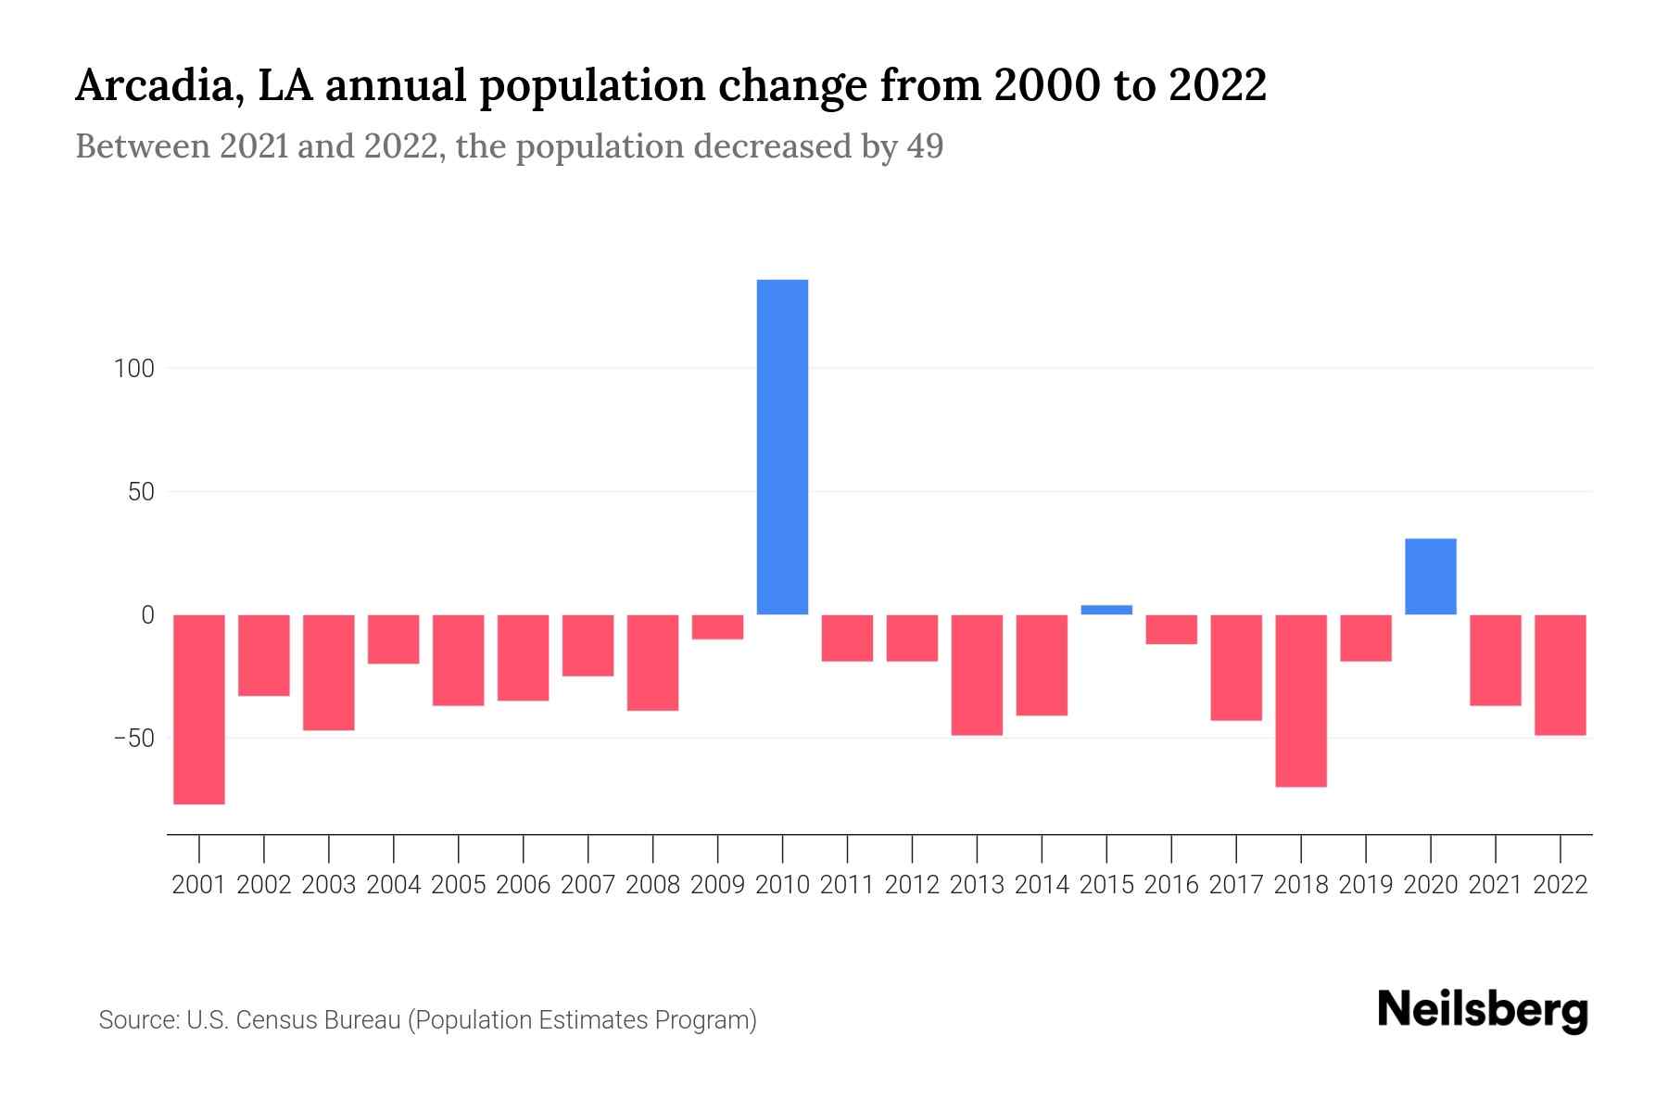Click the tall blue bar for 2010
point(782,447)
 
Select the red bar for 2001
point(199,709)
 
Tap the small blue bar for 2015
point(1106,610)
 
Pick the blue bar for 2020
point(1430,576)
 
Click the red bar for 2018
point(1300,701)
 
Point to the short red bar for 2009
point(717,627)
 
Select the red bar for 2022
point(1560,675)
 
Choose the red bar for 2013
point(977,675)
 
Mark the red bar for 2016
point(1171,629)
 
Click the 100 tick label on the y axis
point(133,369)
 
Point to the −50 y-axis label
point(133,739)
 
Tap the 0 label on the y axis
point(147,615)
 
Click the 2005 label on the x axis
point(459,885)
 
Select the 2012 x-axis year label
point(912,885)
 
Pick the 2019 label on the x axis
point(1365,885)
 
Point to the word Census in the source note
point(274,1020)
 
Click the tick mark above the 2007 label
point(588,848)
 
